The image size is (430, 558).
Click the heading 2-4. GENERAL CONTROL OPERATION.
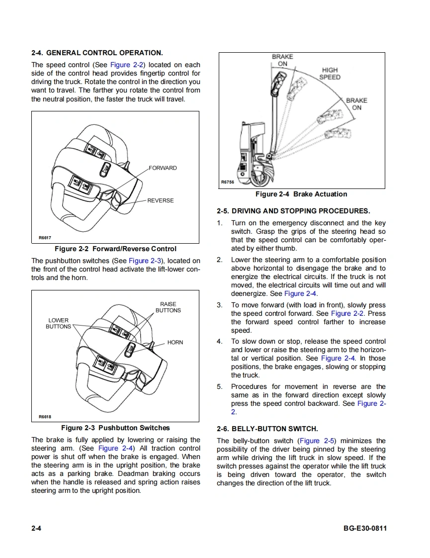pos(97,53)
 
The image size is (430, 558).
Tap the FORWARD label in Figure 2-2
pos(163,168)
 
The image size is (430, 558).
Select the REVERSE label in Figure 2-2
pos(161,201)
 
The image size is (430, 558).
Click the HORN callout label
pos(175,343)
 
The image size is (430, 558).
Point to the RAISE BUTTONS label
pos(168,307)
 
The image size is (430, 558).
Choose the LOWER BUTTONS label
pos(58,323)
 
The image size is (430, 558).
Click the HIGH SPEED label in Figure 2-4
pos(330,74)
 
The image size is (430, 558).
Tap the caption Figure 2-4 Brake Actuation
pos(301,194)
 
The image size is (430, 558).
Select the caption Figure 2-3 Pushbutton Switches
pos(115,428)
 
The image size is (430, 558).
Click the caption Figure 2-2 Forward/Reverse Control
pos(115,249)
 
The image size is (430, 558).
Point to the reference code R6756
pos(227,183)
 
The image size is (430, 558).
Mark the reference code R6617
pos(45,238)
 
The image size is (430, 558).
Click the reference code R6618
pos(45,417)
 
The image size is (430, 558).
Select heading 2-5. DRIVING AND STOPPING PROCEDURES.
pos(293,211)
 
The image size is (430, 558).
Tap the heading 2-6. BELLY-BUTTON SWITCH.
pos(267,429)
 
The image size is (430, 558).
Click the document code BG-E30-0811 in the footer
pos(365,528)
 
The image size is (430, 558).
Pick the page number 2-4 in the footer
pos(36,528)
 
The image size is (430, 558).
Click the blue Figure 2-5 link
pos(317,441)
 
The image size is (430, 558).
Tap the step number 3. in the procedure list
pos(220,305)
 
